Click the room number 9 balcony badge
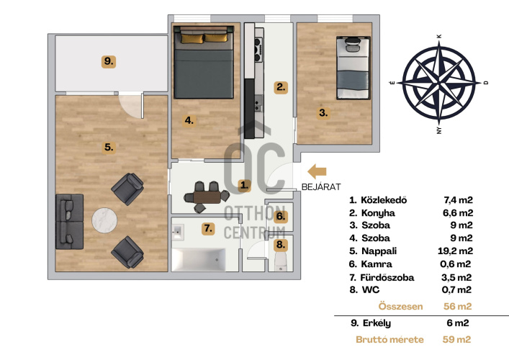[x=109, y=61]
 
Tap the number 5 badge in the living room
[x=109, y=148]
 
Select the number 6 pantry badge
[x=281, y=217]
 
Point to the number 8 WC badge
[x=281, y=245]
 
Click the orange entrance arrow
[x=317, y=171]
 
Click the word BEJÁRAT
[x=321, y=187]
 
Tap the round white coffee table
[x=104, y=220]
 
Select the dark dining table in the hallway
[x=207, y=197]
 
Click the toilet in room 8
[x=281, y=262]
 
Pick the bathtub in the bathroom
[x=198, y=260]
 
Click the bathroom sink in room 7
[x=178, y=232]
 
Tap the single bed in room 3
[x=353, y=68]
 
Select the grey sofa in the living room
[x=69, y=222]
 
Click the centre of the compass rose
[x=439, y=83]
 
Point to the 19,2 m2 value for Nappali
[x=455, y=251]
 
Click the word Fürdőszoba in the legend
[x=387, y=277]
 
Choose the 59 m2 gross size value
[x=456, y=340]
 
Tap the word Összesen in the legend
[x=400, y=307]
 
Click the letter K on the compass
[x=440, y=36]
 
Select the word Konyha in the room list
[x=378, y=213]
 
